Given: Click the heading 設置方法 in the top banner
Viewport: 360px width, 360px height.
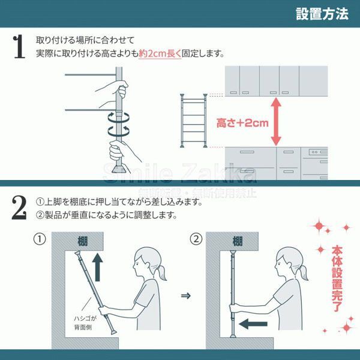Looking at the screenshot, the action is (322, 14).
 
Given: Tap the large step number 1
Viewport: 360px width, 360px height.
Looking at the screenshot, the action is (19, 47).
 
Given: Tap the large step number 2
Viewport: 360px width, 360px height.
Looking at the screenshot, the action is (19, 208).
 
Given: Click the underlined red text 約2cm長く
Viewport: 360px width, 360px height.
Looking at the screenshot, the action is (160, 54).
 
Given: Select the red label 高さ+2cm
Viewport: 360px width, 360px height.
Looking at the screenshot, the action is (242, 123).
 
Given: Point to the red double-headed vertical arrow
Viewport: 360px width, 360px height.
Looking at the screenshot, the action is (276, 122).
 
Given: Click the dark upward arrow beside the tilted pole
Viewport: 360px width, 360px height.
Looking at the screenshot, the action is (97, 267).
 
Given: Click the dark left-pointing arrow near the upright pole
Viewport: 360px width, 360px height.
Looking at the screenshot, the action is (253, 324).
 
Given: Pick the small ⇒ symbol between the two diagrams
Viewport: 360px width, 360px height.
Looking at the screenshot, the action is (186, 295).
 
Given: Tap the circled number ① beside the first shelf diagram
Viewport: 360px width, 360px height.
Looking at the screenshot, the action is (40, 239).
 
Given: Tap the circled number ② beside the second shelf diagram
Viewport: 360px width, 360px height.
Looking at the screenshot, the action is (196, 239).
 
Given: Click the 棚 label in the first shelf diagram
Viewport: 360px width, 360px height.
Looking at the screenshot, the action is (83, 241).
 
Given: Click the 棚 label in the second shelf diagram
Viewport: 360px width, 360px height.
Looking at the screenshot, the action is (238, 241).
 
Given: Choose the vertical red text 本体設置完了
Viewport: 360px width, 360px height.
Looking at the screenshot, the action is (337, 279).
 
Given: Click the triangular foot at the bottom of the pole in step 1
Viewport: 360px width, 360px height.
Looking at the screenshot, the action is (119, 169).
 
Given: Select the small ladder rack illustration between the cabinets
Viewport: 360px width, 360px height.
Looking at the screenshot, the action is (194, 121).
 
